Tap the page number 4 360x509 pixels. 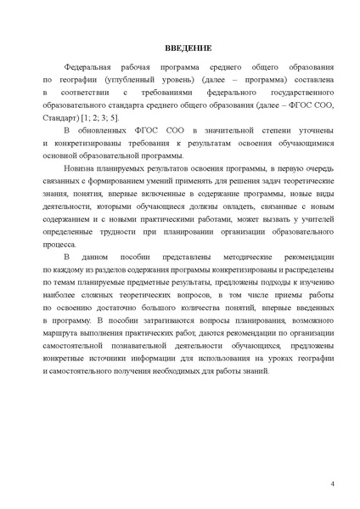tap(332, 483)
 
